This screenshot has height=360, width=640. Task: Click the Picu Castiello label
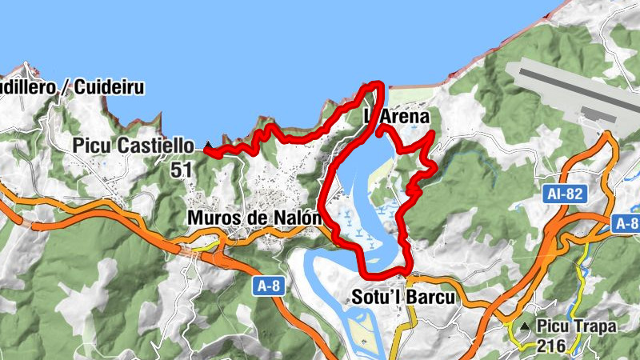(x=133, y=146)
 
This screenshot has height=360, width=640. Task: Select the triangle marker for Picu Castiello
(x=208, y=146)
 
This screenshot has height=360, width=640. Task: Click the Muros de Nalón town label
(x=254, y=218)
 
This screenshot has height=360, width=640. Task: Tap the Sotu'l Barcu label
(x=403, y=297)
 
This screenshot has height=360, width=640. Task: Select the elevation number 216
(x=552, y=346)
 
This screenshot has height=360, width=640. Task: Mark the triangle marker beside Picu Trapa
(x=523, y=326)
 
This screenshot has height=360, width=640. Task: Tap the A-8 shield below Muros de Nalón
(x=270, y=286)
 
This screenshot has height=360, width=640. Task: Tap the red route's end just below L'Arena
(x=381, y=127)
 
